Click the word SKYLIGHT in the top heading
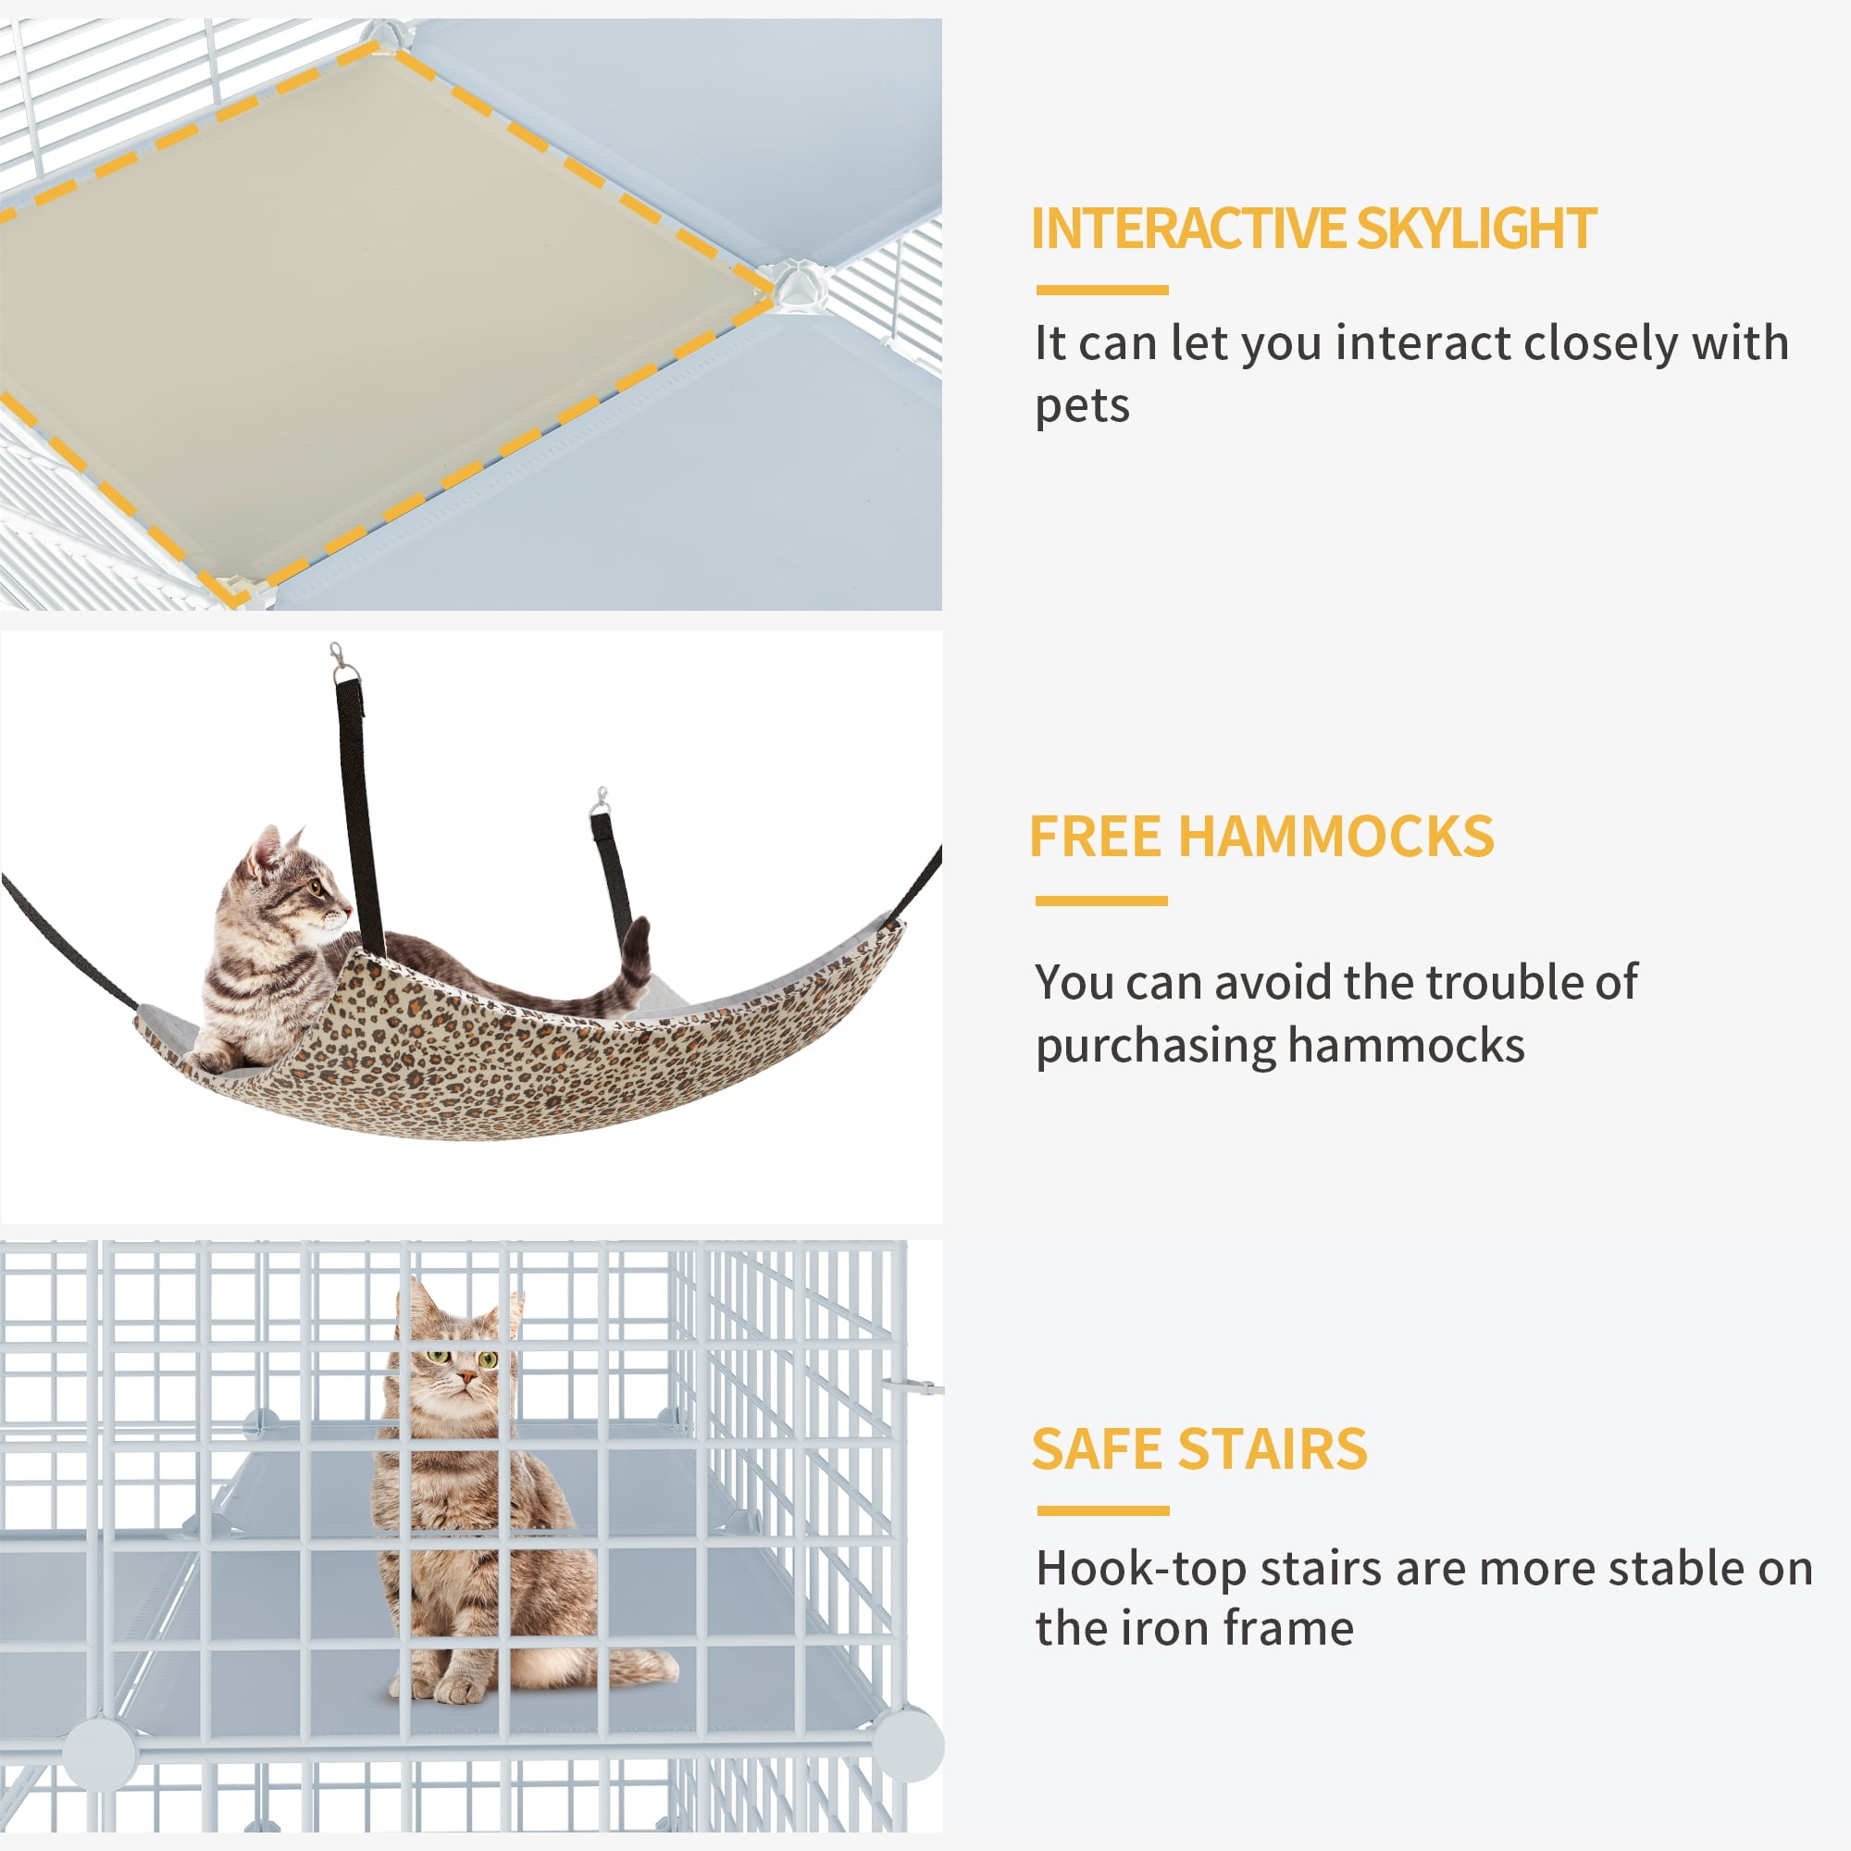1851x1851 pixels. click(x=1475, y=228)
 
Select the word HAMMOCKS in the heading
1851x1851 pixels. click(x=1335, y=837)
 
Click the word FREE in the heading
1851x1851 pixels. click(x=1096, y=837)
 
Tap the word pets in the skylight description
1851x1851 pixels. click(x=1082, y=406)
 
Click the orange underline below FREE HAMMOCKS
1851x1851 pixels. click(x=1100, y=901)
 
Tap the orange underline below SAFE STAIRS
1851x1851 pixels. click(x=1103, y=1511)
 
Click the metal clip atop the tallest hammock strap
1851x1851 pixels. click(x=338, y=661)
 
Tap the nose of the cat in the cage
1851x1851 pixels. click(x=466, y=1379)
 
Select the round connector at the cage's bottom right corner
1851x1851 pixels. click(x=908, y=1745)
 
